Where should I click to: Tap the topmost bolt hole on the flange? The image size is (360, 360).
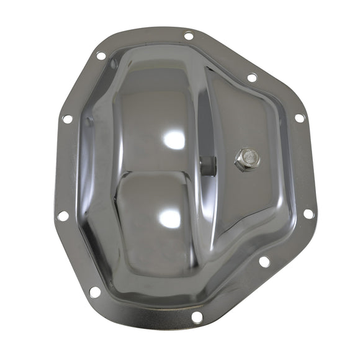click(189, 36)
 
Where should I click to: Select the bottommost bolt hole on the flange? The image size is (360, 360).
click(197, 317)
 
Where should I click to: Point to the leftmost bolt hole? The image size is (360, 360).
click(62, 215)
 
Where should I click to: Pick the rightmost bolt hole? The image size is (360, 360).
click(308, 214)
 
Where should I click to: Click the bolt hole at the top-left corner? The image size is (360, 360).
click(101, 56)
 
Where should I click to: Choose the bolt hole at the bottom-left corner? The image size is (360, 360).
click(94, 291)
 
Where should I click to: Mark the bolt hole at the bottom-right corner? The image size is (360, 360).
click(264, 261)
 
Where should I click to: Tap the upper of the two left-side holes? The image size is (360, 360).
click(68, 119)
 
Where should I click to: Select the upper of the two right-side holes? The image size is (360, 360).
click(299, 117)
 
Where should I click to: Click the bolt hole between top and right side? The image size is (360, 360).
click(251, 78)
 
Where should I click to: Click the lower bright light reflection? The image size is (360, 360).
click(170, 217)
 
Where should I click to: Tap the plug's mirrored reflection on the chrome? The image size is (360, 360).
click(208, 164)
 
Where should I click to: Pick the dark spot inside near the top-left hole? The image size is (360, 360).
click(113, 63)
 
